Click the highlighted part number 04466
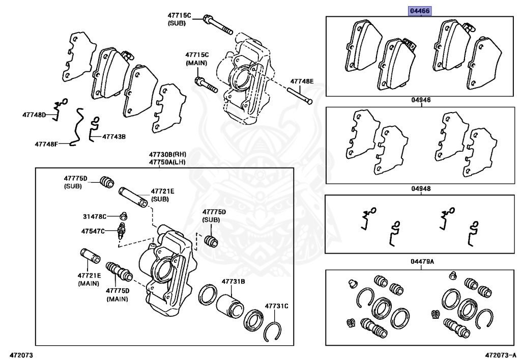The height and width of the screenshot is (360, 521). pos(421,11)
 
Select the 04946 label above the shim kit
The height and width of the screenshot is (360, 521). pos(421,100)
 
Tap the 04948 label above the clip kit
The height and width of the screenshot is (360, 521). pos(421,188)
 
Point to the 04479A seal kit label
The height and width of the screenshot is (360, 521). pos(422,262)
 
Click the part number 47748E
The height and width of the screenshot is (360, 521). pos(302,81)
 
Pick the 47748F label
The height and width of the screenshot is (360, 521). pos(47,144)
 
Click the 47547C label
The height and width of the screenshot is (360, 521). pos(93,231)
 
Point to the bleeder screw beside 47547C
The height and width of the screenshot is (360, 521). pos(121,230)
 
